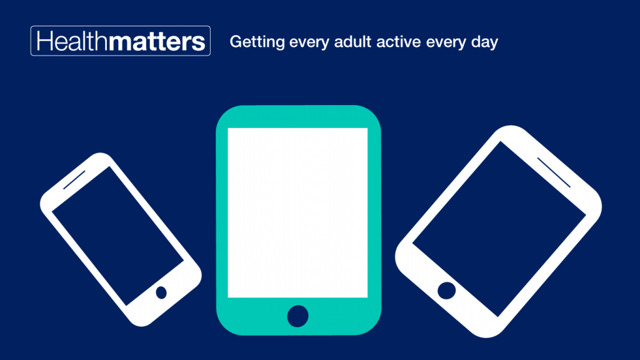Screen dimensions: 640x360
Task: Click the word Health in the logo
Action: pos(72,41)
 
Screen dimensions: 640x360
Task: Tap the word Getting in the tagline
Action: pos(257,42)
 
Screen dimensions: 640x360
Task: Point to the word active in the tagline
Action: pos(398,42)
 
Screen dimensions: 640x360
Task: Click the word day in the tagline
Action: pos(484,42)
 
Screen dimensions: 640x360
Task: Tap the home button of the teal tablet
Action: pos(297,316)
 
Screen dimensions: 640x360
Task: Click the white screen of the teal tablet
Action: pos(297,212)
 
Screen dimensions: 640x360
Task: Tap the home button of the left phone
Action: pos(161,292)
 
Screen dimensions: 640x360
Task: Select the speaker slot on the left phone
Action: pos(74,180)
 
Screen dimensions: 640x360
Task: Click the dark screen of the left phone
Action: pos(118,236)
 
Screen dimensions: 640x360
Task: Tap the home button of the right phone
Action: pos(446,291)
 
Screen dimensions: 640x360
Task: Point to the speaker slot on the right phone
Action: pos(554,172)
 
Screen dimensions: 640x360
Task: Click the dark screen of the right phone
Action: pos(499,229)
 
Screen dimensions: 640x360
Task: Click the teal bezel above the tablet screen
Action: pos(297,117)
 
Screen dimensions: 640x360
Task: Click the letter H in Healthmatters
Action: pos(45,41)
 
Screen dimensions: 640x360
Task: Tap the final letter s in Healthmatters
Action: pos(198,43)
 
